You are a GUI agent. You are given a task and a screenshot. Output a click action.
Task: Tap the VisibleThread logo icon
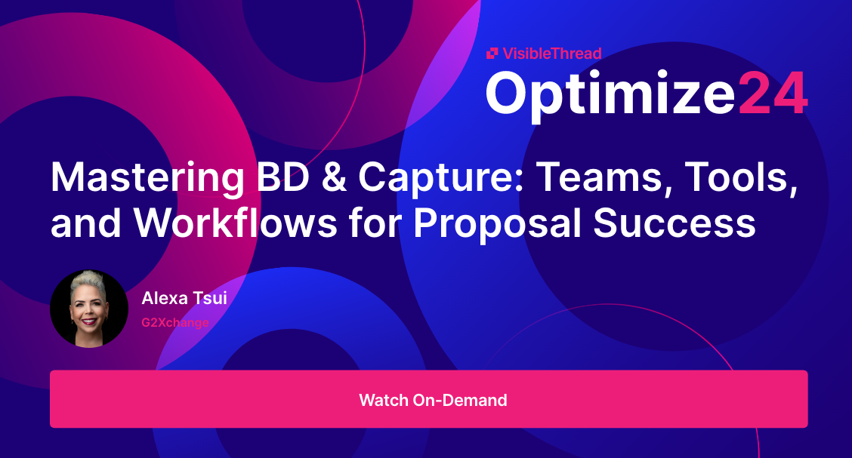tap(492, 53)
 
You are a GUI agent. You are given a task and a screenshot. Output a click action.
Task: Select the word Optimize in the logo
tap(609, 94)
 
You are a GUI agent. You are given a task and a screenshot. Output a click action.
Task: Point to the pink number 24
tap(772, 93)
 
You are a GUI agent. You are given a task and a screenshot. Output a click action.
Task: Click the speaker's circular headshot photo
tap(89, 309)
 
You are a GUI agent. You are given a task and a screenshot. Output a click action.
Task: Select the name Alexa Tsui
tap(184, 298)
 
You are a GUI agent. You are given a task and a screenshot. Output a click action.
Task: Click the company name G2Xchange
tap(174, 322)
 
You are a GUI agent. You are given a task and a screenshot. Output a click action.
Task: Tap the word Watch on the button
tap(383, 399)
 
